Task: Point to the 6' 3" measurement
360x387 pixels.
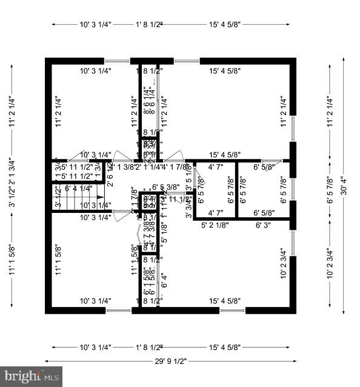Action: coord(264,226)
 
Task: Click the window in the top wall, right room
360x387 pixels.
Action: coord(187,61)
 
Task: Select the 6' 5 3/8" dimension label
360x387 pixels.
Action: coord(165,187)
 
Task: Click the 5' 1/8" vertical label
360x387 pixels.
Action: coord(164,233)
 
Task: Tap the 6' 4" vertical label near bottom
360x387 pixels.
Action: coord(164,281)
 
